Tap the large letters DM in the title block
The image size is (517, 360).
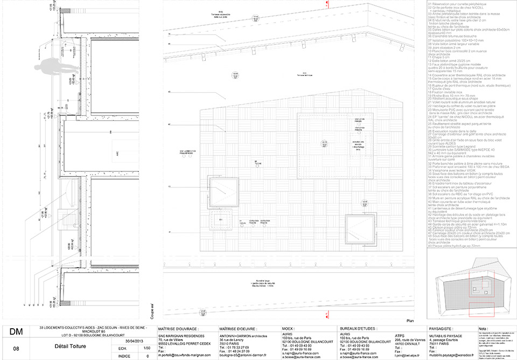[x=17, y=333]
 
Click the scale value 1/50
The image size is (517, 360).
[x=147, y=349]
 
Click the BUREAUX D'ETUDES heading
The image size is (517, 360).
[x=359, y=328]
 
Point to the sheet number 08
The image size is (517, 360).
[x=16, y=349]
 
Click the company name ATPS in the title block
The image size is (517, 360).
[x=400, y=334]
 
